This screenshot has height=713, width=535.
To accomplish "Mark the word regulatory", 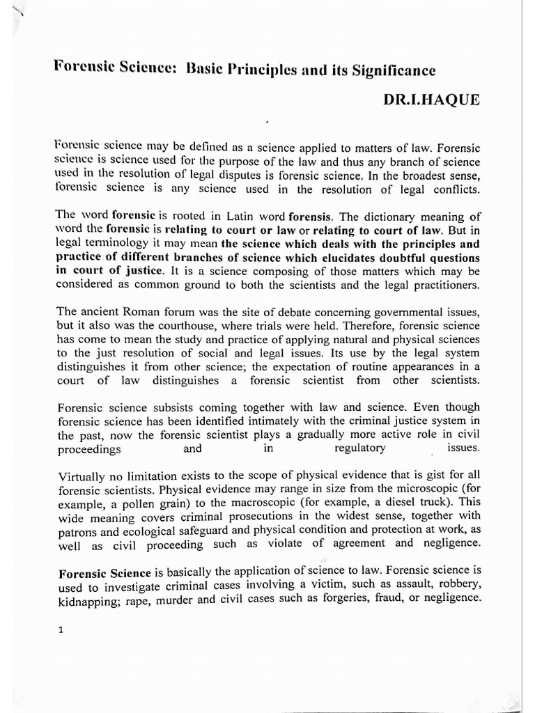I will [360, 448].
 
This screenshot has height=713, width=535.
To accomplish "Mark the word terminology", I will [114, 242].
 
